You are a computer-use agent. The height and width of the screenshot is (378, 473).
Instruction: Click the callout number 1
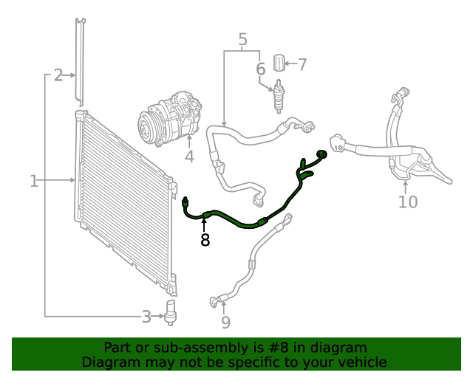click(34, 180)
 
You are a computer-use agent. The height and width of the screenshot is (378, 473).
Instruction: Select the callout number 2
click(58, 75)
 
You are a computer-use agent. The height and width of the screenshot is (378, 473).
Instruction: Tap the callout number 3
click(147, 317)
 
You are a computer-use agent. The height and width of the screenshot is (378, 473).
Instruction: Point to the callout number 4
click(189, 157)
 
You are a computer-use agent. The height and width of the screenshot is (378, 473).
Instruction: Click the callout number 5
click(242, 38)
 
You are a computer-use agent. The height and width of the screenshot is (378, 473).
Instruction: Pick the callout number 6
click(260, 69)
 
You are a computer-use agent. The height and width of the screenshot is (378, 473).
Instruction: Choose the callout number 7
click(301, 64)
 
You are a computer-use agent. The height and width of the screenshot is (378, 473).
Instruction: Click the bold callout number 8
click(205, 239)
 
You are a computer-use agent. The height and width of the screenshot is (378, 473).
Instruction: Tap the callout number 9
click(225, 322)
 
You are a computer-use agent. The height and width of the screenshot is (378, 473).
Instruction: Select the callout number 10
click(408, 202)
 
